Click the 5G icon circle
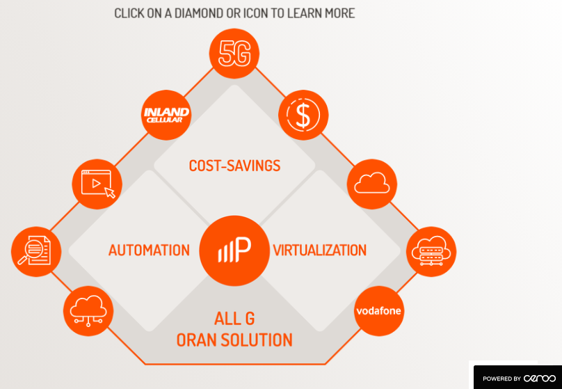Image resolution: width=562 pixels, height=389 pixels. (234, 53)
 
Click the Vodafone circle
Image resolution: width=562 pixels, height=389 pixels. (378, 310)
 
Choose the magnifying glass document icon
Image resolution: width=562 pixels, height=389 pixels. (36, 251)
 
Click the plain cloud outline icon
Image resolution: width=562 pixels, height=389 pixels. (372, 184)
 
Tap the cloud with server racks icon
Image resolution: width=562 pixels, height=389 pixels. (431, 251)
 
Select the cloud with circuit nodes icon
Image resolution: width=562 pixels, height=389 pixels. (88, 310)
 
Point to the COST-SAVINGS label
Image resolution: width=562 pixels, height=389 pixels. (234, 166)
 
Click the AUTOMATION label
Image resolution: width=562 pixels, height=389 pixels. (149, 250)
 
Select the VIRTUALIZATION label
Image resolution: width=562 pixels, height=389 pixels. (320, 250)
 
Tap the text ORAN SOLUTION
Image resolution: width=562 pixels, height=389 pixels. (234, 340)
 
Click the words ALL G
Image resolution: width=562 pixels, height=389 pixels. (234, 319)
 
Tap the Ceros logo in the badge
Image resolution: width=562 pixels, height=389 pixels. (540, 378)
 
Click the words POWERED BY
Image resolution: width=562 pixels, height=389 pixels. (501, 379)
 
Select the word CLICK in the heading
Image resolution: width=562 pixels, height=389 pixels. (130, 13)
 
